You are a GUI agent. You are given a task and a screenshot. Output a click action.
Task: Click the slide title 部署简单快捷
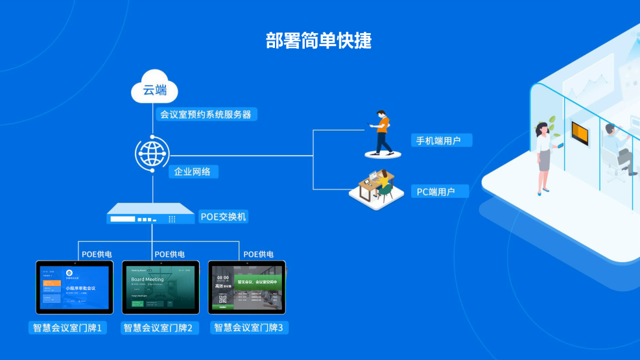(318, 40)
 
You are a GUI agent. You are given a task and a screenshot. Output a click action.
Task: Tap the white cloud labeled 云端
(154, 90)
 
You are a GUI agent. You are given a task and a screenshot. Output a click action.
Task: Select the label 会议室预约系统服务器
(206, 114)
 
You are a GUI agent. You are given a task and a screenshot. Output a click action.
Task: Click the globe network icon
(152, 154)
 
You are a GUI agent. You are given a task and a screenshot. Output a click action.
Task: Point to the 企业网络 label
(194, 172)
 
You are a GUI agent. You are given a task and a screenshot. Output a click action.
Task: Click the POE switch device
(151, 213)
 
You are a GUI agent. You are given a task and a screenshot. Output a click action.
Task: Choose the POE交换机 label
(223, 217)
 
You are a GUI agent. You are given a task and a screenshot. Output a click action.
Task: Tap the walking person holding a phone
(382, 133)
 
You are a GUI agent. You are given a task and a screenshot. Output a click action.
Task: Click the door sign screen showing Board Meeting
(160, 287)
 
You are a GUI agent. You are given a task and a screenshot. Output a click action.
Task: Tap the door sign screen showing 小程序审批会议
(74, 287)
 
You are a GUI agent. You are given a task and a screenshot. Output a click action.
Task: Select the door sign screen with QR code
(247, 287)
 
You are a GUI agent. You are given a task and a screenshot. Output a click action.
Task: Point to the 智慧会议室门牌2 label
(158, 328)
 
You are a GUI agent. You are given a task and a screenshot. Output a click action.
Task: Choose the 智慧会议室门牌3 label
(248, 328)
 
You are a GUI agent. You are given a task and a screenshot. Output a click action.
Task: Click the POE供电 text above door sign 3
(258, 254)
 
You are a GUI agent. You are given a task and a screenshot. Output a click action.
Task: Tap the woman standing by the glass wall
(543, 156)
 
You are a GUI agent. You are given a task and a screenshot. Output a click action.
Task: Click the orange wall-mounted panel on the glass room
(580, 133)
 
